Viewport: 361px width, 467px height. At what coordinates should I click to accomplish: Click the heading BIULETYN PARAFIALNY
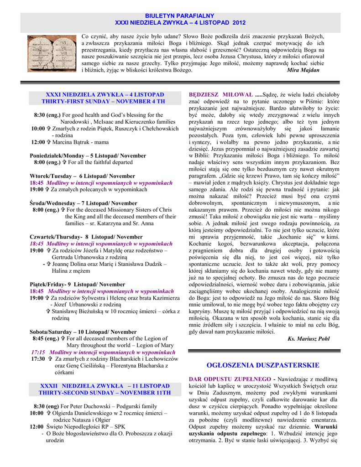pyautogui.click(x=180, y=16)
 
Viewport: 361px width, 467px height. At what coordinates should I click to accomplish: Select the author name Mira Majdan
pyautogui.click(x=303, y=70)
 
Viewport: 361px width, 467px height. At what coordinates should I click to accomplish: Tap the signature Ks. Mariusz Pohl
pyautogui.click(x=309, y=339)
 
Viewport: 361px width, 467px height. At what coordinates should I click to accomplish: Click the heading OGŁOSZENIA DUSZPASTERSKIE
pyautogui.click(x=263, y=365)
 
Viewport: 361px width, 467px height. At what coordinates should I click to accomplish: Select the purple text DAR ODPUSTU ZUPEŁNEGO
pyautogui.click(x=230, y=379)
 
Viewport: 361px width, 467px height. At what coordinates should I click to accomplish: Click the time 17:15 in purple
pyautogui.click(x=38, y=352)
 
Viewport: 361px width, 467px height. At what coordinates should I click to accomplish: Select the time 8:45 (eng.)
pyautogui.click(x=46, y=339)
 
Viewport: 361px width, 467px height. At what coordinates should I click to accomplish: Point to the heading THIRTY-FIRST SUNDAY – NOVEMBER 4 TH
pyautogui.click(x=103, y=101)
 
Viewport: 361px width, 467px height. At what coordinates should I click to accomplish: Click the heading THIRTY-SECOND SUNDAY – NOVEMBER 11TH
pyautogui.click(x=105, y=392)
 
